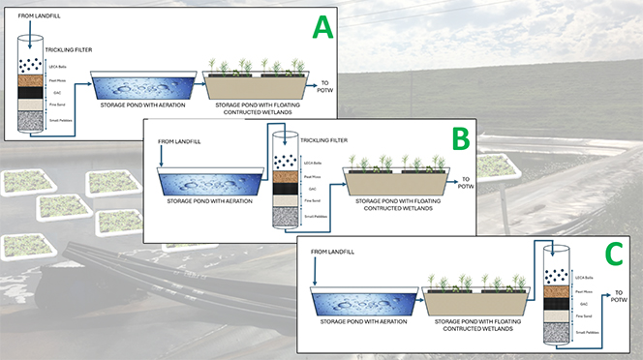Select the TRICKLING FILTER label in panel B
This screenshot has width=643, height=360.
point(322,139)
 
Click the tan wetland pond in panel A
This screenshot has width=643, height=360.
point(255,89)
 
